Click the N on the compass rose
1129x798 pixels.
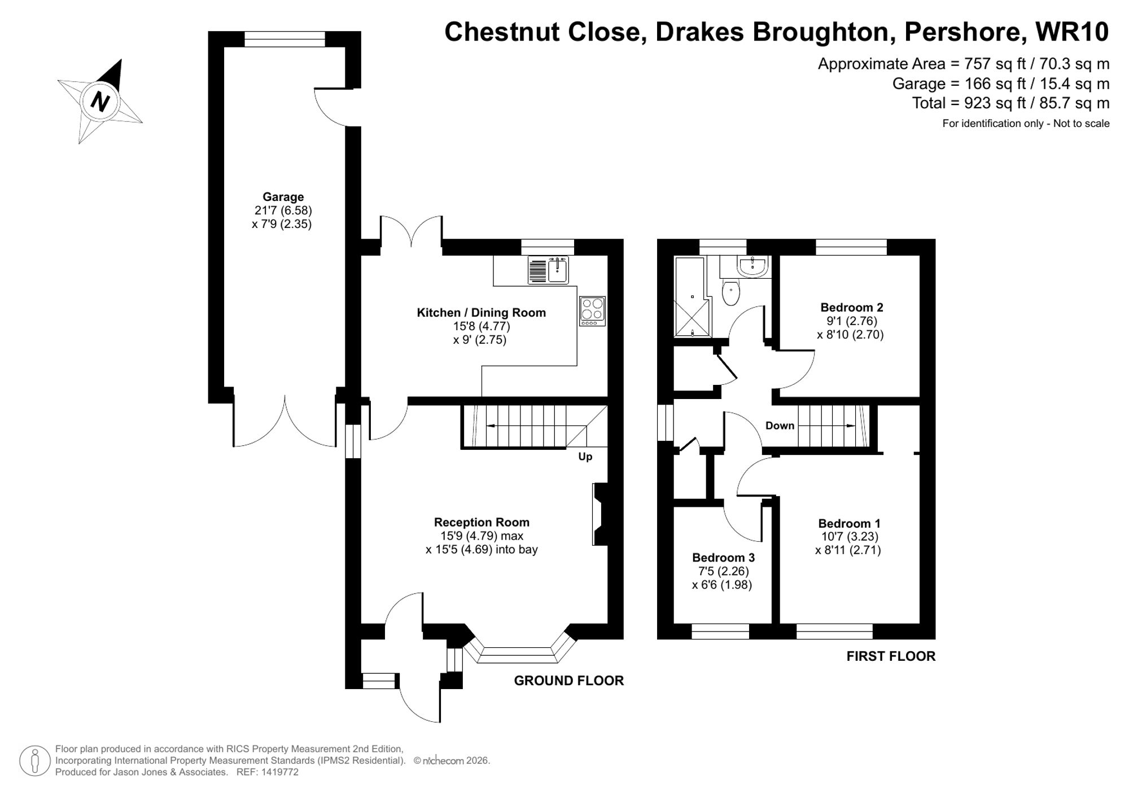click(x=100, y=102)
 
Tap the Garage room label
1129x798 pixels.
click(x=283, y=197)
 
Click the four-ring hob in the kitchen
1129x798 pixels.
click(x=592, y=311)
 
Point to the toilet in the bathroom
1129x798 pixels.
click(x=731, y=293)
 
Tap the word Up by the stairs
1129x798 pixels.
click(x=585, y=457)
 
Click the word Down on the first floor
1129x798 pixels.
click(x=780, y=426)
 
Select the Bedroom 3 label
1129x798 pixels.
click(x=723, y=558)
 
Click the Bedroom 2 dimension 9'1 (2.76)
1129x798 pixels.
click(x=851, y=321)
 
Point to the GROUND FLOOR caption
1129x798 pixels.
click(x=568, y=681)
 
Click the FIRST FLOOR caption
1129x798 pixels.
click(x=891, y=656)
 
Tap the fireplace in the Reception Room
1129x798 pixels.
click(x=599, y=514)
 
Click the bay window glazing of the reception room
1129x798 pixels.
click(x=518, y=655)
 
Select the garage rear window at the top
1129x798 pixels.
click(x=285, y=39)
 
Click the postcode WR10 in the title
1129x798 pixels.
click(x=1072, y=32)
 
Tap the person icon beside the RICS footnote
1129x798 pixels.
click(x=36, y=761)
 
